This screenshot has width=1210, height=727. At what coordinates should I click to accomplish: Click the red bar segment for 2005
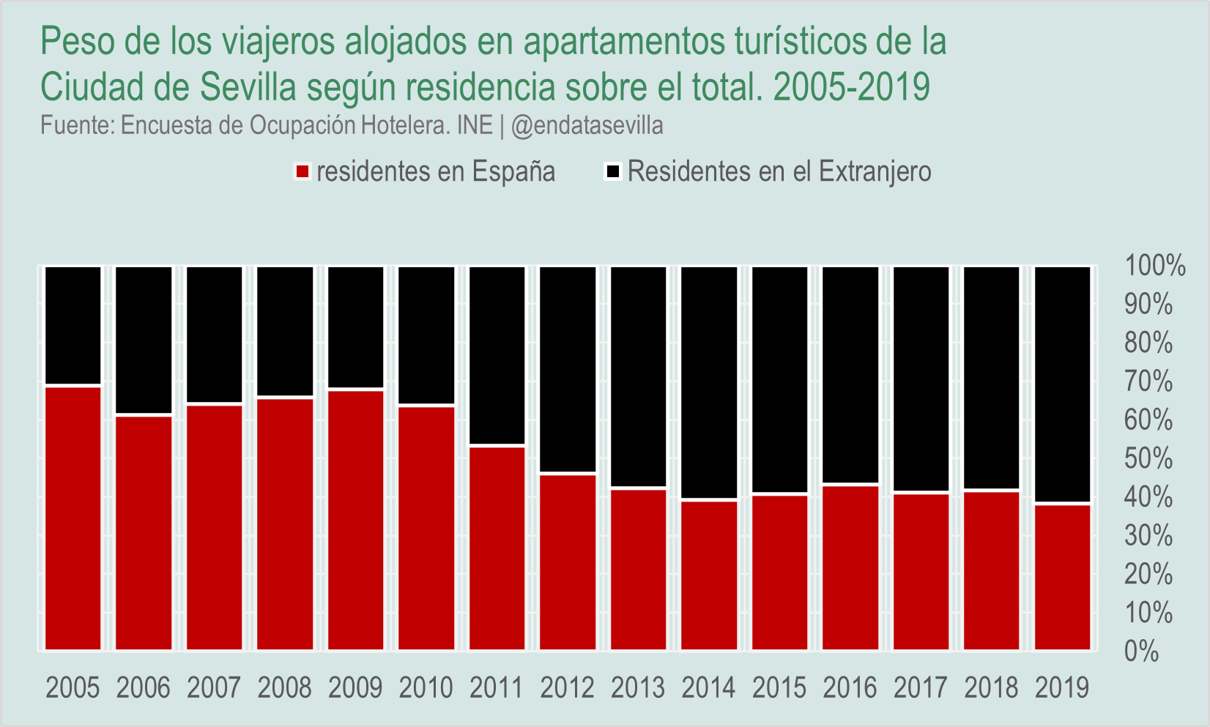pos(73,518)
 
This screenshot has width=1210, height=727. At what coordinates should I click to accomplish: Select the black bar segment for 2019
pos(1062,384)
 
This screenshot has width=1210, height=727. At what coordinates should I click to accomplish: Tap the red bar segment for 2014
pos(709,575)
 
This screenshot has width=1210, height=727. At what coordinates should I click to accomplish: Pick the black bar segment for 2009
pos(356,327)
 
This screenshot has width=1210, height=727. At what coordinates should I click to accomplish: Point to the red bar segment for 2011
pos(497,548)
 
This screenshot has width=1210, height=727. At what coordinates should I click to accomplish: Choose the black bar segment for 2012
pos(568,370)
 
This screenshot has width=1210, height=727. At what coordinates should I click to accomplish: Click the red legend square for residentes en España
pos(302,172)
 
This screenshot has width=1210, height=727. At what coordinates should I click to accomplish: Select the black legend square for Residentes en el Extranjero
pos(613,172)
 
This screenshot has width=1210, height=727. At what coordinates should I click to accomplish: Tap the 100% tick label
pos(1154,266)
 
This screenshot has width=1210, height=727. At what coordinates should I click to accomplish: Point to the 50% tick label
pos(1148,459)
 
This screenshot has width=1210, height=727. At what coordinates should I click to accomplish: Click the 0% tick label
pos(1142,651)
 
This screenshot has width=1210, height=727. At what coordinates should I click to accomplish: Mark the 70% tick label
pos(1148,381)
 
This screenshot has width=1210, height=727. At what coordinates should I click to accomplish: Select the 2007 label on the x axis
pos(214,688)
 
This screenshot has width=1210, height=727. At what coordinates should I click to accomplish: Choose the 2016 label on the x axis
pos(850,688)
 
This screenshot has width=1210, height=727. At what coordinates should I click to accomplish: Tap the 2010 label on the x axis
pos(426,688)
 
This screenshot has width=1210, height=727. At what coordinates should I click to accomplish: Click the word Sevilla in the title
pos(248,87)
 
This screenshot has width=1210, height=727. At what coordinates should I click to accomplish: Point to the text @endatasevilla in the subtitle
pos(587,125)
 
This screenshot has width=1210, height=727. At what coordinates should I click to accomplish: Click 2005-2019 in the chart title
pos(851,87)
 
